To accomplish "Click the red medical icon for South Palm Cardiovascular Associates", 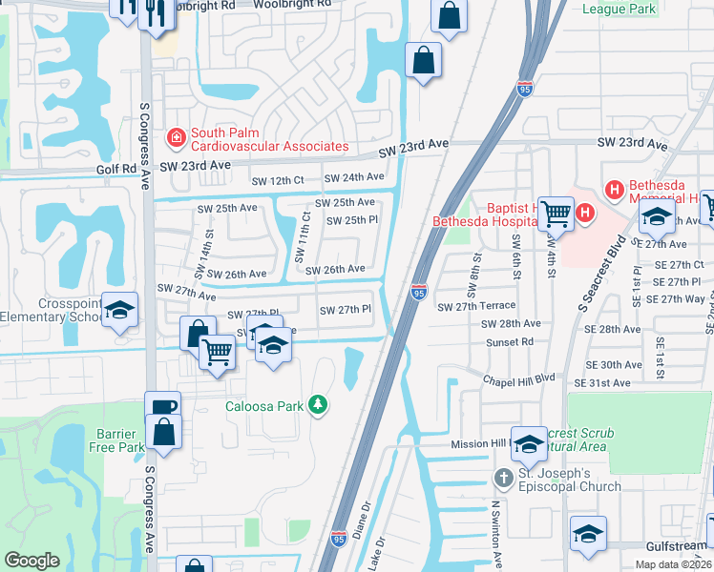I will pos(176,138).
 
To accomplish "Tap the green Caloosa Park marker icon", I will pos(319,406).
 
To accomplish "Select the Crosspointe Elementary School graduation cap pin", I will pos(120,310).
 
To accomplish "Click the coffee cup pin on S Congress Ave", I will pos(163,406).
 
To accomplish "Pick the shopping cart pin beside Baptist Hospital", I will pos(556,213).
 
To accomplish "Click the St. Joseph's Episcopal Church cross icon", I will pos(504,476).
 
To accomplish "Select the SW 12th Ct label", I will pos(277,180).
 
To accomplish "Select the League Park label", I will pos(619,10).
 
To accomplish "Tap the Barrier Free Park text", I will pos(105,440).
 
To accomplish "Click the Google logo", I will pos(31,561).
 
